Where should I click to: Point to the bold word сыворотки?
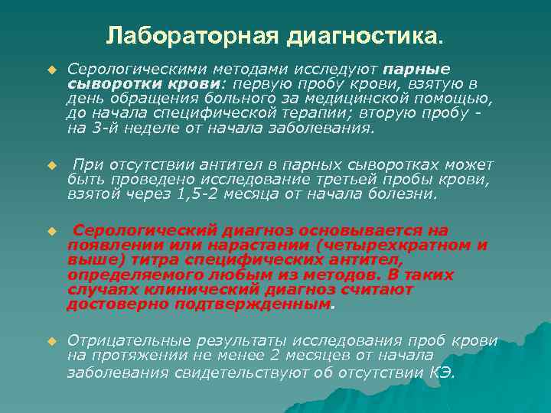click(106, 83)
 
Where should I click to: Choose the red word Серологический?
click(150, 230)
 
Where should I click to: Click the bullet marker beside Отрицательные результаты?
click(51, 340)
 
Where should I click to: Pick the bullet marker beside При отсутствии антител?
click(51, 165)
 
